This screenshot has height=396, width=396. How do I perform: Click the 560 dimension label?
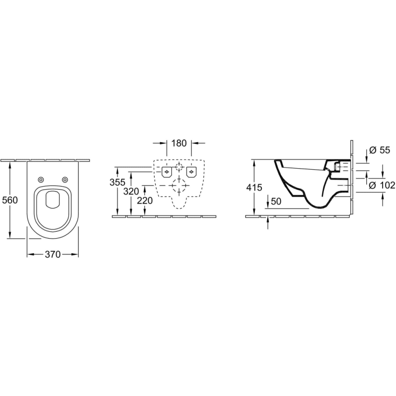(10, 200)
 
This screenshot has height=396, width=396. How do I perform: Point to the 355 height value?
(117, 182)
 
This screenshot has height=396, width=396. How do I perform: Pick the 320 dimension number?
(131, 191)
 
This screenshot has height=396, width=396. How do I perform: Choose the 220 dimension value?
(144, 200)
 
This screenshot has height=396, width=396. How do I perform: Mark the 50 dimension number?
(276, 201)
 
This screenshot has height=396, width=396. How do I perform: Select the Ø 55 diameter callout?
(380, 151)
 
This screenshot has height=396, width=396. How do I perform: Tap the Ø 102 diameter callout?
(382, 186)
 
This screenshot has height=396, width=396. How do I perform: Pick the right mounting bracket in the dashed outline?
(191, 172)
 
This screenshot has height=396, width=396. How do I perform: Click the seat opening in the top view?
(53, 200)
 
